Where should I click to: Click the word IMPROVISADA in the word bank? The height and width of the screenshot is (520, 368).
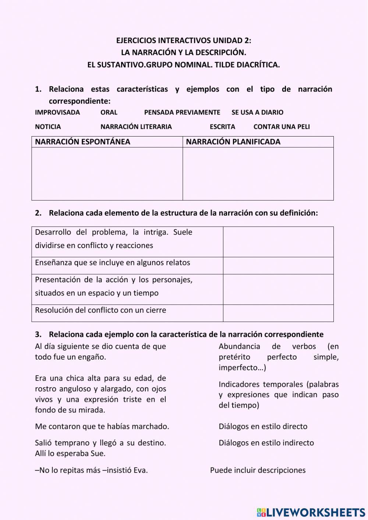click(57, 112)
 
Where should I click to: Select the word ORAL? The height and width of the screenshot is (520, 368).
click(109, 112)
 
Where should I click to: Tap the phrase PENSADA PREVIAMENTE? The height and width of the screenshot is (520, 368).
click(182, 112)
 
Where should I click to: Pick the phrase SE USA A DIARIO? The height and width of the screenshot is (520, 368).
click(257, 112)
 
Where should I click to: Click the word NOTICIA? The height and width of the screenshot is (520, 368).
click(48, 127)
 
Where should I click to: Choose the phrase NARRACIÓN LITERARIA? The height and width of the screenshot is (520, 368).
click(136, 127)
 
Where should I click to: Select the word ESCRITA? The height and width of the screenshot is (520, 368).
click(222, 127)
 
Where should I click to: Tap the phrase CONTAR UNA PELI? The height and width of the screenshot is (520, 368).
click(282, 127)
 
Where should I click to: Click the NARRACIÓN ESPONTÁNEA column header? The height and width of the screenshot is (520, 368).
click(83, 142)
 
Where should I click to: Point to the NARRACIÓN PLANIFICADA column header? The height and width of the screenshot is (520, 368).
click(233, 142)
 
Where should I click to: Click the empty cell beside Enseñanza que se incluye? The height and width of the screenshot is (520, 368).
click(278, 265)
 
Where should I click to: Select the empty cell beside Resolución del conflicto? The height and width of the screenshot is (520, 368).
click(278, 313)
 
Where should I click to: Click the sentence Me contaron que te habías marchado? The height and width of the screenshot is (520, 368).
click(102, 426)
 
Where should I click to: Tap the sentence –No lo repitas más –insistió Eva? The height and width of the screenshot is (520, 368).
click(91, 470)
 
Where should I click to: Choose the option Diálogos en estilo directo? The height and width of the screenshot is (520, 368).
click(263, 426)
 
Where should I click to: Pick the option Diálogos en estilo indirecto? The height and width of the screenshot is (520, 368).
click(266, 443)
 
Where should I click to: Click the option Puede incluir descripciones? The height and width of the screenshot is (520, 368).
click(258, 470)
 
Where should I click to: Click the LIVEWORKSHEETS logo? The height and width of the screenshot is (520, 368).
click(311, 512)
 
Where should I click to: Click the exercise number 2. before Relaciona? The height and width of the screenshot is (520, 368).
click(38, 213)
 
